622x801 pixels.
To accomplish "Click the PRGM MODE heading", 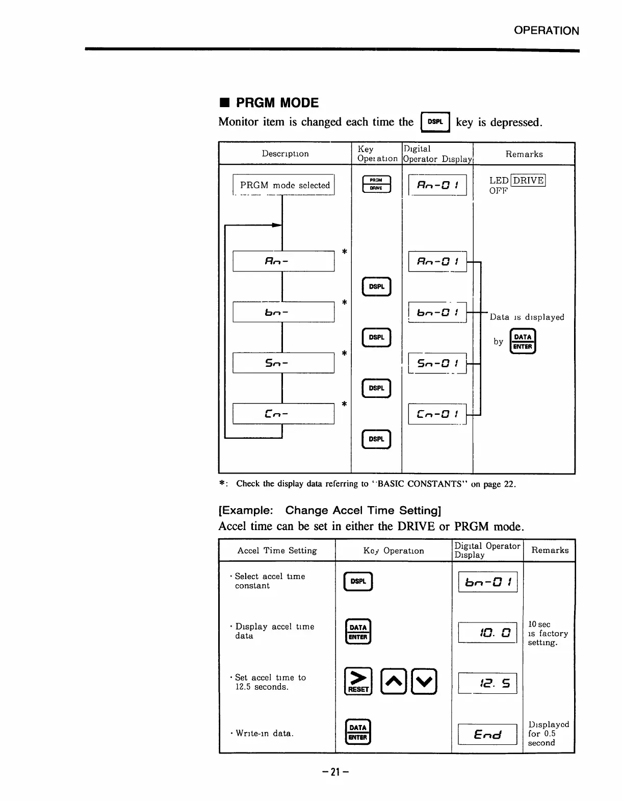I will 277,103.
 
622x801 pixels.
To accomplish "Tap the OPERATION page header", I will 546,31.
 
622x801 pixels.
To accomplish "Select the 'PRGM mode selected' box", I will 284,185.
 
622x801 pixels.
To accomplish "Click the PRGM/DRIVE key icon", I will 376,184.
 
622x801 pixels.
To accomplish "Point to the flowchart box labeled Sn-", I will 283,363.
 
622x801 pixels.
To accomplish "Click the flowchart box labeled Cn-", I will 283,414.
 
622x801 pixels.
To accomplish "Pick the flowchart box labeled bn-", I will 283,312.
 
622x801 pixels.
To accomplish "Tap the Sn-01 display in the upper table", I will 437,363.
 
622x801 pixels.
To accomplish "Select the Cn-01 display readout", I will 437,414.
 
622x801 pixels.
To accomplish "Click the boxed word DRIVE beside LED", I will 528,180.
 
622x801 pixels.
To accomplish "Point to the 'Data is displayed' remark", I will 527,317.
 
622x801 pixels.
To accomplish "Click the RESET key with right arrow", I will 358,681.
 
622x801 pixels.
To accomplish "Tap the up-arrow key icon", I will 393,681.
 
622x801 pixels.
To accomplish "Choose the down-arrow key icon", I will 425,681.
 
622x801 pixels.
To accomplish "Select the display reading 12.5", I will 487,683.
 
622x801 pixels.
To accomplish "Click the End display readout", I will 487,734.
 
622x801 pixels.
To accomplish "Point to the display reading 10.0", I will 487,633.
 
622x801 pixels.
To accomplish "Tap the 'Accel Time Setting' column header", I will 277,550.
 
